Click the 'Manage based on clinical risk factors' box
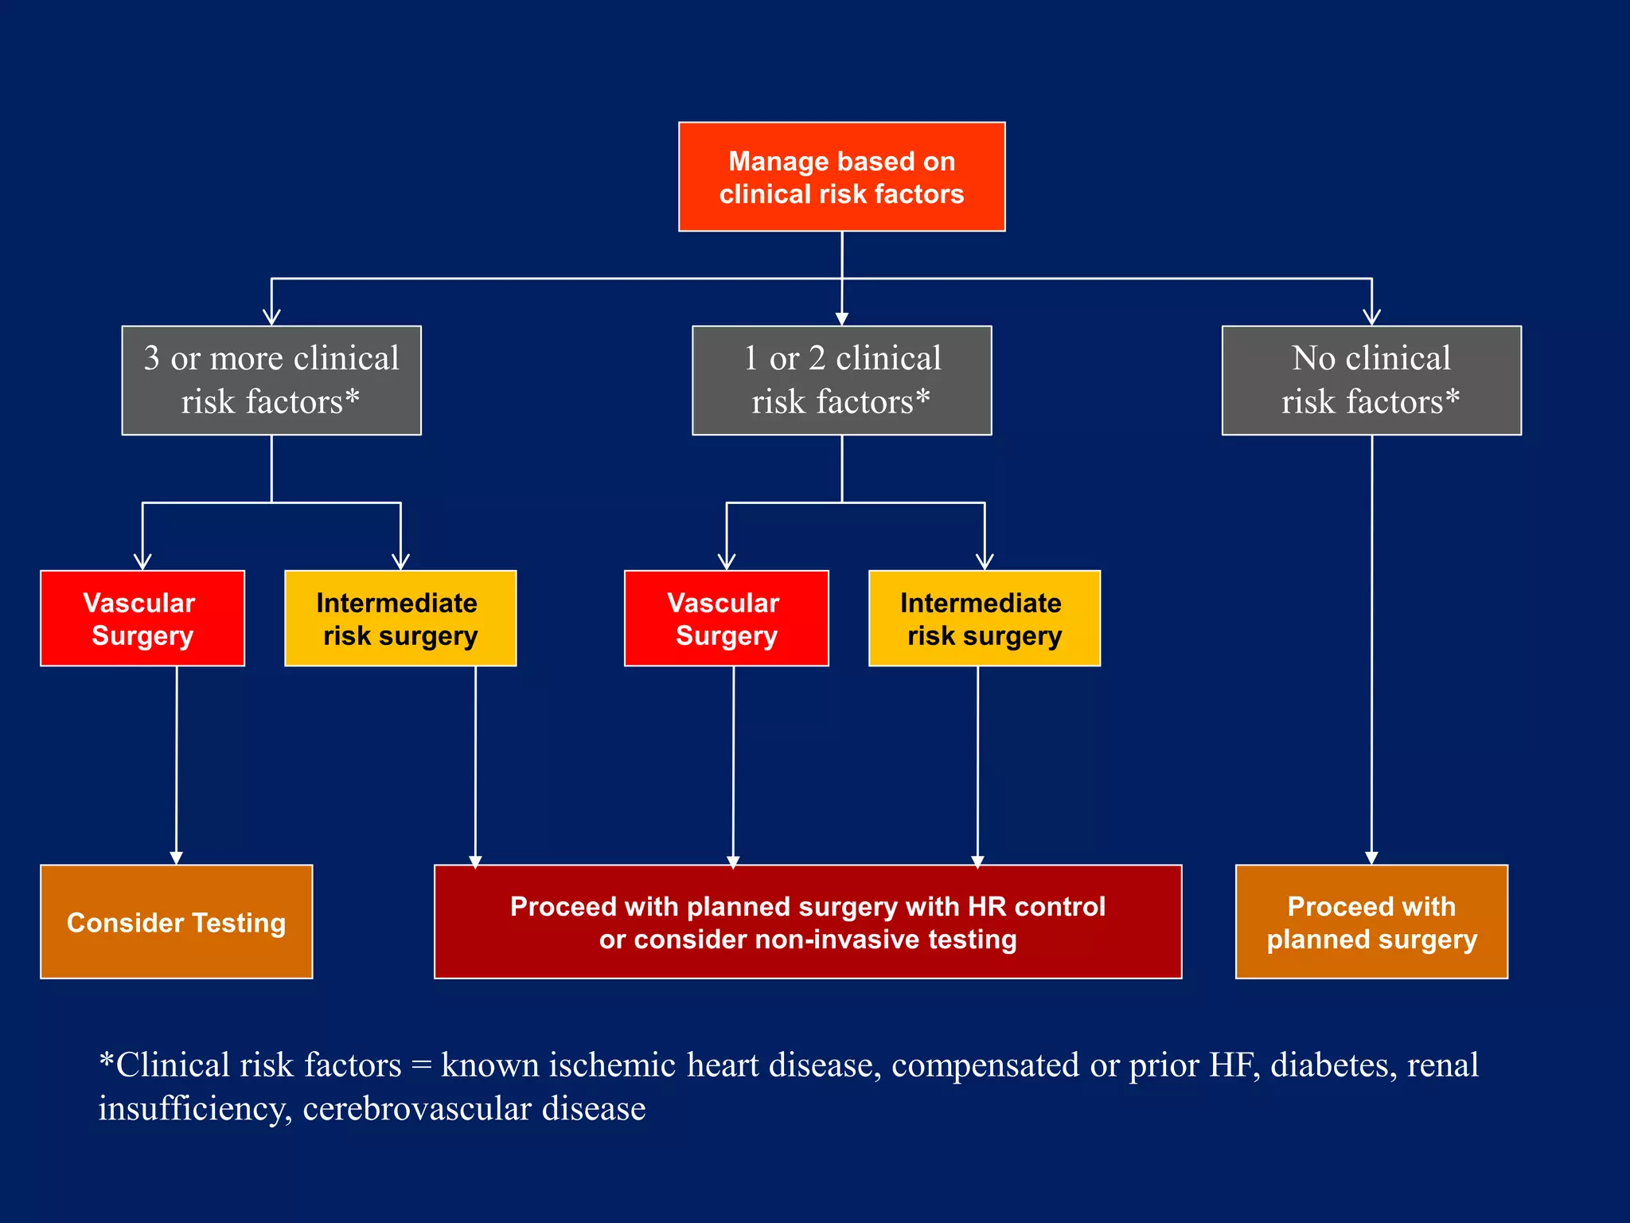(841, 177)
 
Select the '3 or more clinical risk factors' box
(271, 380)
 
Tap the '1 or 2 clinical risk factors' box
(841, 380)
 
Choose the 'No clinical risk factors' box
(1371, 380)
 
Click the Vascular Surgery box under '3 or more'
(142, 618)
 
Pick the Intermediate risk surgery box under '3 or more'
(400, 618)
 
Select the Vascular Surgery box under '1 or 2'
(726, 618)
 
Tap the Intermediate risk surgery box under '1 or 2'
(984, 618)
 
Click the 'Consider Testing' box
(176, 921)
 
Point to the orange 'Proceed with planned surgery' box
(1371, 921)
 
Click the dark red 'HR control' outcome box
(807, 921)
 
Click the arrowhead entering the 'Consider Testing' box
(176, 858)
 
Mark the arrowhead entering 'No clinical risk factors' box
(1371, 317)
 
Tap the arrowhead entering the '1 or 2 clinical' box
(842, 318)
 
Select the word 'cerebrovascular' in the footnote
(416, 1108)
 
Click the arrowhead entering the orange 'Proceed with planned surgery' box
(1371, 858)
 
